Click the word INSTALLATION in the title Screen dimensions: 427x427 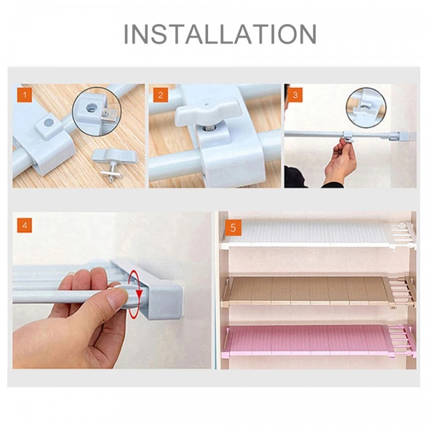point(220,34)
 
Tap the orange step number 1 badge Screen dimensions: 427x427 point(25,95)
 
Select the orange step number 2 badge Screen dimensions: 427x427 point(161,95)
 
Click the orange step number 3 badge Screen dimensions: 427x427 point(295,95)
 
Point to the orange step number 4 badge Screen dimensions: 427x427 point(25,225)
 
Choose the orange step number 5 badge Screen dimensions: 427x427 point(233,228)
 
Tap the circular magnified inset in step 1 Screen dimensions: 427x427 point(97,111)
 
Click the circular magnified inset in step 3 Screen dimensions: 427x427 point(366,108)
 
